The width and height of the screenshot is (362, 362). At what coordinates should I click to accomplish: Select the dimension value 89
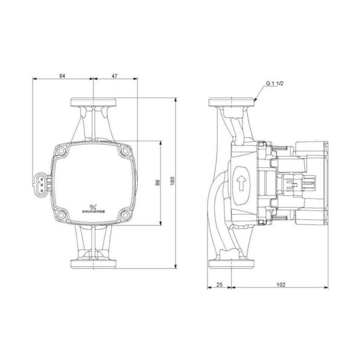coord(157,183)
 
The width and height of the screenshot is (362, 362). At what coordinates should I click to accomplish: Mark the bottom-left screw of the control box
coord(63,215)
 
